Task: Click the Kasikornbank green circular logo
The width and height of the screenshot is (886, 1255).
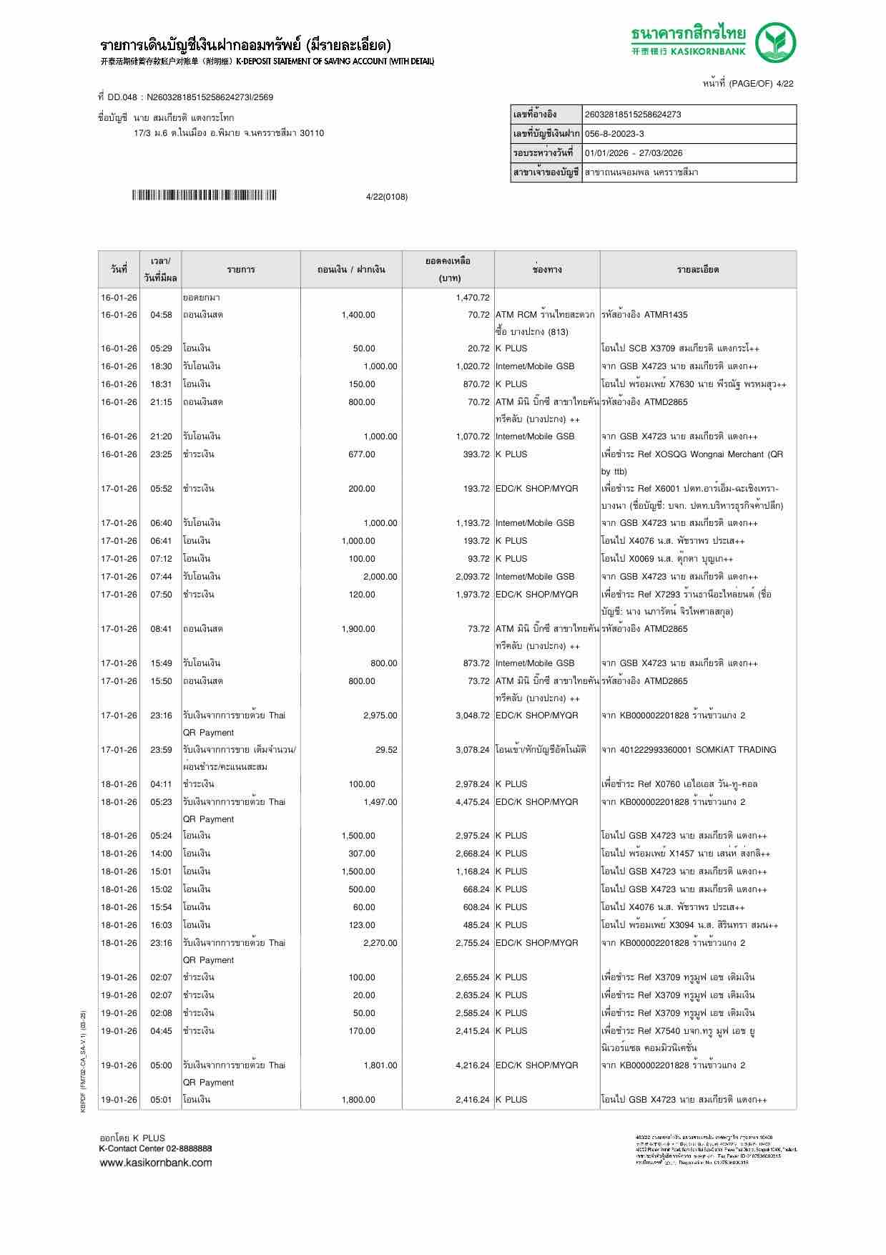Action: (776, 42)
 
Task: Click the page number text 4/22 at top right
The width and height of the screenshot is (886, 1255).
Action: (784, 84)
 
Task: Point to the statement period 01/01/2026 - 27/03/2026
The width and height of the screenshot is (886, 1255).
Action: (633, 153)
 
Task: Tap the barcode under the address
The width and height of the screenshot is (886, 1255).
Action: (204, 195)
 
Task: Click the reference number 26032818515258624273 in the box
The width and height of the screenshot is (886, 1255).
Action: (633, 114)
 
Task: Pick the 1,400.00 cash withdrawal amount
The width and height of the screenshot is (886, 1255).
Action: (358, 315)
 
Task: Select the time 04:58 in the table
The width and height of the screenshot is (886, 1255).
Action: (161, 315)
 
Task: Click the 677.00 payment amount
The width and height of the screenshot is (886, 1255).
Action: (361, 454)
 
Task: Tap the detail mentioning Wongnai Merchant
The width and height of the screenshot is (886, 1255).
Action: (691, 454)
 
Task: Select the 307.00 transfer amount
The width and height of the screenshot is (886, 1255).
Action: (361, 854)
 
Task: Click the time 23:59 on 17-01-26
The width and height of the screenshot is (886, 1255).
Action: (161, 750)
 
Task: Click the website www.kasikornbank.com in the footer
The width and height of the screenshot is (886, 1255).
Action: (156, 1163)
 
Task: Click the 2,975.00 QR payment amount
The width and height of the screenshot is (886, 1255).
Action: (380, 716)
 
